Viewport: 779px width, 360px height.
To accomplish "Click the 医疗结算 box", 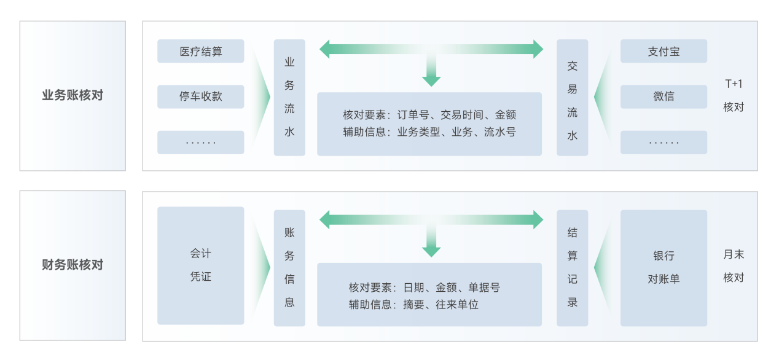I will point(200,52).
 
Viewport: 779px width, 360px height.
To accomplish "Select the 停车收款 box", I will point(200,96).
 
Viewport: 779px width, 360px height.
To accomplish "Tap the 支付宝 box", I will point(664,52).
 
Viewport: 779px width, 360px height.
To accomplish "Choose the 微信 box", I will point(664,96).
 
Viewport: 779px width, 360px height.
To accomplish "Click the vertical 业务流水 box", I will point(289,97).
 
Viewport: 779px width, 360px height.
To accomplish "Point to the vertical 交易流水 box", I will point(572,97).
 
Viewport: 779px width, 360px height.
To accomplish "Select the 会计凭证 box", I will point(200,265).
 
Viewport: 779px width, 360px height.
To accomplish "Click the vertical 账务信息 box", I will point(289,267).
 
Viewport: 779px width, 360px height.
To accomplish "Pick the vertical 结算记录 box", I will point(572,267).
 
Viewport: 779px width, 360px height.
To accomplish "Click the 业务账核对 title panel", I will point(72,96).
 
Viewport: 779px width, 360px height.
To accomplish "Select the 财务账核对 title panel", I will point(72,265).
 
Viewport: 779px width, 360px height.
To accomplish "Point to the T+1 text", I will point(734,84).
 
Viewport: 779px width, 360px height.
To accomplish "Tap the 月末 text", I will point(734,254).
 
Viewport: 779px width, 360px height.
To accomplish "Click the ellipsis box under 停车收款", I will point(200,143).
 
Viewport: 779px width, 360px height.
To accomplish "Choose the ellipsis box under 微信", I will point(664,143).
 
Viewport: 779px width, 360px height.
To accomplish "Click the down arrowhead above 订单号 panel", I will point(431,80).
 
